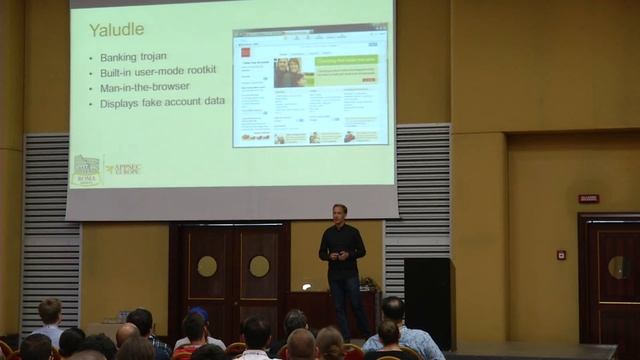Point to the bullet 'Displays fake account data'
coord(163,103)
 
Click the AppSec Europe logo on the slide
coord(125,169)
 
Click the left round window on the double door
coord(207,266)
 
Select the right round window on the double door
coord(259,266)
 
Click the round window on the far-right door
coord(618,267)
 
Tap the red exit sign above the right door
coord(588,198)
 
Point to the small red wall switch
coord(561,255)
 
